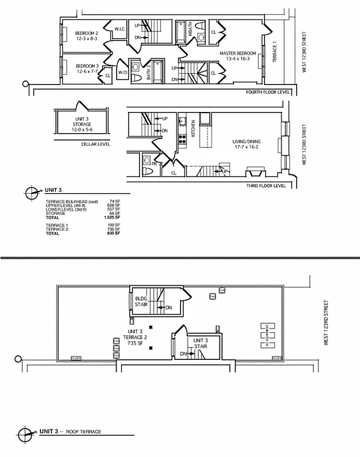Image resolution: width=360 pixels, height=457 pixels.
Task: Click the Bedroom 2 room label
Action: tap(87, 36)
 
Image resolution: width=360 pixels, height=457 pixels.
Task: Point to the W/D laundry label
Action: tap(122, 73)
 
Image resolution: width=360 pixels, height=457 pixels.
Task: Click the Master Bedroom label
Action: tap(236, 56)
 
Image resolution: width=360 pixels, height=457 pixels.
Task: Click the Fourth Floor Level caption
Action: tap(268, 92)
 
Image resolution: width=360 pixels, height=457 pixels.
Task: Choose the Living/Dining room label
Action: tap(246, 142)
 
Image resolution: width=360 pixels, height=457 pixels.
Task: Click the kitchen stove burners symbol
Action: tap(183, 138)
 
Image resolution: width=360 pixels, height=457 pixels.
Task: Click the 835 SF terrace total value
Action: tap(114, 234)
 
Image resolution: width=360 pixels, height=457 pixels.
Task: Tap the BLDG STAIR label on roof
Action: tap(142, 302)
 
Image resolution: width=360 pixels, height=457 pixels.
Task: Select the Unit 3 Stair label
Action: tap(200, 343)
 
